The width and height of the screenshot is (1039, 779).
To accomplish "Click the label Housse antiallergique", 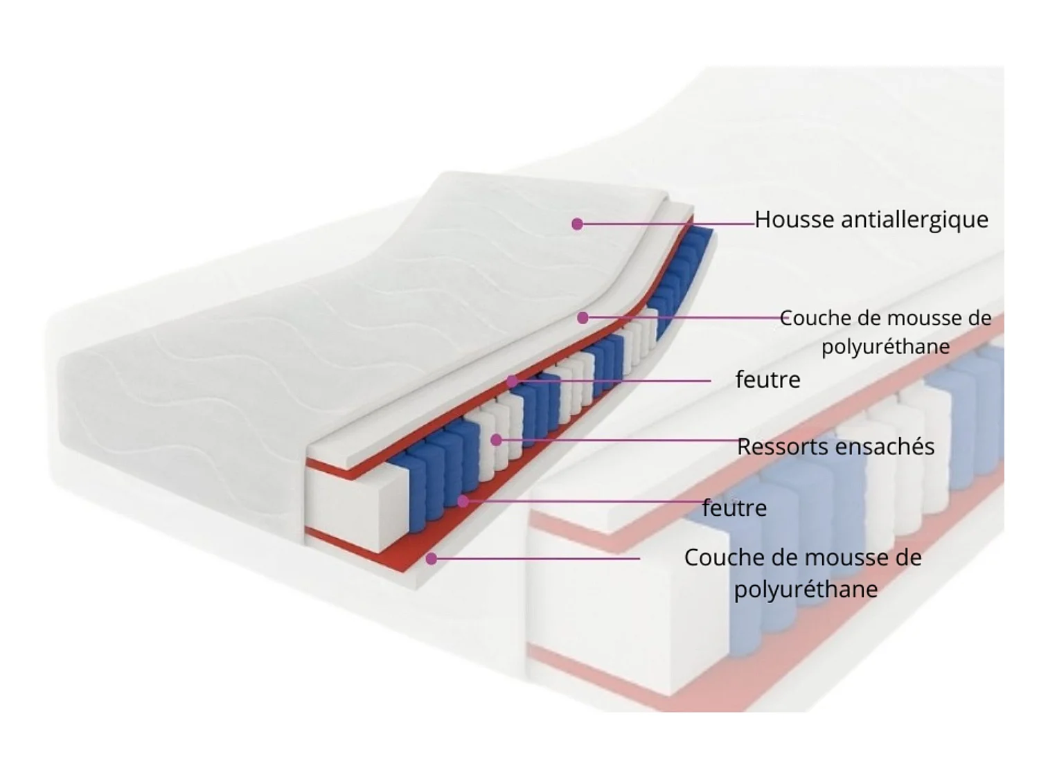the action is pos(871,220).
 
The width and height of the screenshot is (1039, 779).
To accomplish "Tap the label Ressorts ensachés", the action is pos(835,447).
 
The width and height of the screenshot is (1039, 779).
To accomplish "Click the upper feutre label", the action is pos(767,379).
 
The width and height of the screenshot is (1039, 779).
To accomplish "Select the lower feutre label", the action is pos(734,508).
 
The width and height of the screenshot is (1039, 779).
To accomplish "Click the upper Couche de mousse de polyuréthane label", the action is pos(885,332).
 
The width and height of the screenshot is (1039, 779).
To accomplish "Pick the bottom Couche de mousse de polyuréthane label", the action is pos(803,573).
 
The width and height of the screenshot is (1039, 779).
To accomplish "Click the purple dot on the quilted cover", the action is pos(577,224).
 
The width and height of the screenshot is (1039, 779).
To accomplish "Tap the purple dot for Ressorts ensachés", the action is pos(496,440).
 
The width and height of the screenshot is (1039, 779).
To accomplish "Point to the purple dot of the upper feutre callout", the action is pos(512,381).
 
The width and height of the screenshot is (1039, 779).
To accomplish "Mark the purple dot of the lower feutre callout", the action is pos(463,501).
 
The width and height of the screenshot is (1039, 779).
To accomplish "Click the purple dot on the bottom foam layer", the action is pos(432,558).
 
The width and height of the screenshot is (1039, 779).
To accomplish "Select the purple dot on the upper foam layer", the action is pos(583,318).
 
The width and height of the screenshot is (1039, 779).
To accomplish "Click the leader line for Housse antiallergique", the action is pos(665,224).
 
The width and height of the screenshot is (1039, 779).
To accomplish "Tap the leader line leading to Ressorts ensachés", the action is pos(616,440).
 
